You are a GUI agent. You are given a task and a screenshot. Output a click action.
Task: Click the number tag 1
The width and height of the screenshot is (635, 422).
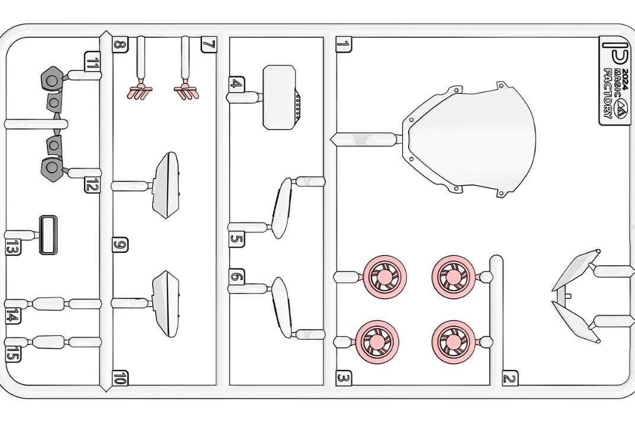tap(344, 44)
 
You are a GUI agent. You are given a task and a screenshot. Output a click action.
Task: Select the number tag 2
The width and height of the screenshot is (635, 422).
tap(510, 378)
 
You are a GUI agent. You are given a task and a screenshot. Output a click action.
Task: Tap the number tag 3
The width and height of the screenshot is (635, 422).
tap(344, 378)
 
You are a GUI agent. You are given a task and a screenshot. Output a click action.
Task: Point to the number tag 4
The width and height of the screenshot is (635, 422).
tap(236, 84)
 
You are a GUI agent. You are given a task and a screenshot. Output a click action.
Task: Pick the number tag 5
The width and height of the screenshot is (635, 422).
tap(236, 239)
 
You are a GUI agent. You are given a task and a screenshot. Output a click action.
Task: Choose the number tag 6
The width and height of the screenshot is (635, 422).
tap(236, 277)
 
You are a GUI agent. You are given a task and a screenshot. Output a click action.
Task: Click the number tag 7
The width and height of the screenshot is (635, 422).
tap(209, 44)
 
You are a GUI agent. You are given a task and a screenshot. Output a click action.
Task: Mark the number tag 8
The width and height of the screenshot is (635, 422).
tap(120, 44)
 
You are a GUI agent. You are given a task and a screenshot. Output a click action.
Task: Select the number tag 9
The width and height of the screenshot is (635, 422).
tap(120, 245)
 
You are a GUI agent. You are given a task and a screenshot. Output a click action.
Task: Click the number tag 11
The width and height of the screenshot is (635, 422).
tap(92, 63)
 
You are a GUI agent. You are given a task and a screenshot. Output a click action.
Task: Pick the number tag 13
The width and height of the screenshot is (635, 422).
tap(13, 247)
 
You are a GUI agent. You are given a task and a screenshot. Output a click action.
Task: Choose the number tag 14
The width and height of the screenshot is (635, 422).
tap(13, 316)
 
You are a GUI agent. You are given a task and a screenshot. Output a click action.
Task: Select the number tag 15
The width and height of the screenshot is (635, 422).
tap(13, 354)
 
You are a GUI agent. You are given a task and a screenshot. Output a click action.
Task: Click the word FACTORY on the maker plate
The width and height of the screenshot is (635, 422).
tap(608, 93)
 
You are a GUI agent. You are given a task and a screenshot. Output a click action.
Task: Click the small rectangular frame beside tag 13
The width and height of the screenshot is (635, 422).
tap(48, 235)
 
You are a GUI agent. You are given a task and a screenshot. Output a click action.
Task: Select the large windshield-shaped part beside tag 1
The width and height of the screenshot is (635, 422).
tap(469, 140)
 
